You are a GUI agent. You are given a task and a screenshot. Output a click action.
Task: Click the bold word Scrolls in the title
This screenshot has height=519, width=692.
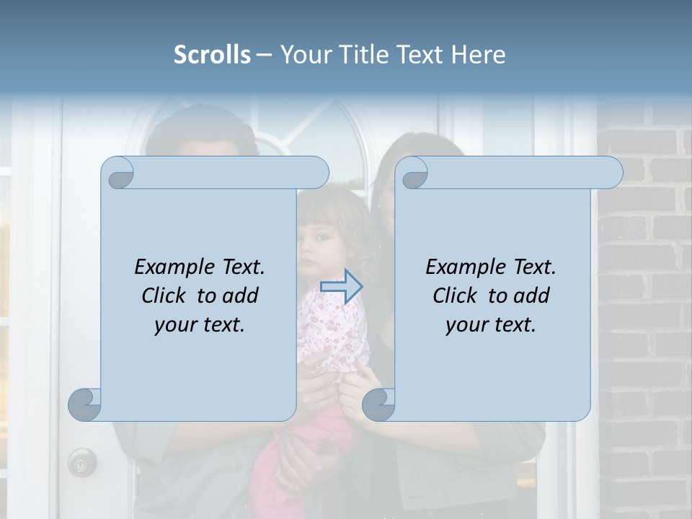[x=213, y=55]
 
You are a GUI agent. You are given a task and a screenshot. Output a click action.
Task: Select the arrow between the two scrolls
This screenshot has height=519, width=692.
[x=341, y=287]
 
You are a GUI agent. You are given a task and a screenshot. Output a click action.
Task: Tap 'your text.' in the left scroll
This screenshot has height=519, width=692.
[x=199, y=324]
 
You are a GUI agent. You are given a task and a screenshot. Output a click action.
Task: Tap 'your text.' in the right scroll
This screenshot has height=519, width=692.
[x=490, y=324]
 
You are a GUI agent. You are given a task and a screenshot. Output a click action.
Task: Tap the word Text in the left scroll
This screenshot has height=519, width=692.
[x=241, y=267]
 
